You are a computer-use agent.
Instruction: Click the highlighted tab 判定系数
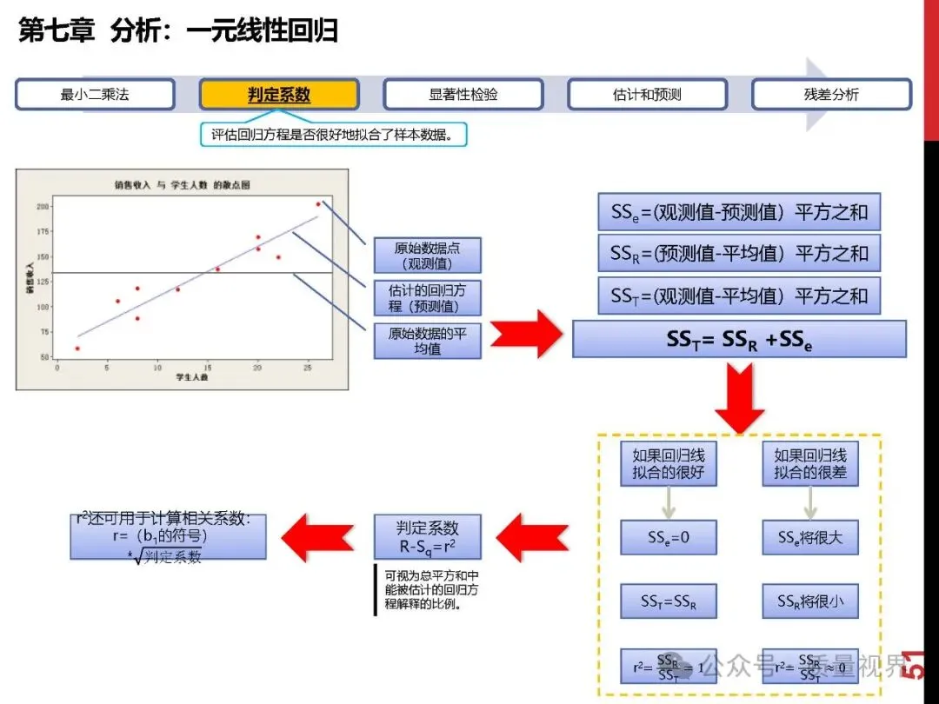[x=279, y=95]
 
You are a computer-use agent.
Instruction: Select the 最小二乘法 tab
[x=95, y=95]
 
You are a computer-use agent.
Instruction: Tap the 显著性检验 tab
[x=463, y=95]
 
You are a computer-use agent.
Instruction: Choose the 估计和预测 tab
[x=648, y=95]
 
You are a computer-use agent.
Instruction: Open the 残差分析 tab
[x=831, y=95]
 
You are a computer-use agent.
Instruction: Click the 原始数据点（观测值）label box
[x=427, y=256]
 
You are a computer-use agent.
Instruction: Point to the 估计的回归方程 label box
[x=427, y=298]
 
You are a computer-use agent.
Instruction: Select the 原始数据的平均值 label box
[x=427, y=341]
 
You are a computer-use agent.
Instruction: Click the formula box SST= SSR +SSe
[x=739, y=339]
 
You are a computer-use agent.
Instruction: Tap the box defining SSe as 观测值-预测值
[x=739, y=212]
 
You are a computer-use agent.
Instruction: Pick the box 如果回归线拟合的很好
[x=668, y=464]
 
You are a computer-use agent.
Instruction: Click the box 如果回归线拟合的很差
[x=810, y=464]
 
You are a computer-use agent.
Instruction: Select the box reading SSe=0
[x=668, y=537]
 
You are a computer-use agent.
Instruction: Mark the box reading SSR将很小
[x=810, y=601]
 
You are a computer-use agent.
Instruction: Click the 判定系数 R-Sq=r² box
[x=427, y=538]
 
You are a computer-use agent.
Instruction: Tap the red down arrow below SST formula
[x=739, y=398]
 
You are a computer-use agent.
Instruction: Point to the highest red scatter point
[x=318, y=204]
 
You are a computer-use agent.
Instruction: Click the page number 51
[x=915, y=665]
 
